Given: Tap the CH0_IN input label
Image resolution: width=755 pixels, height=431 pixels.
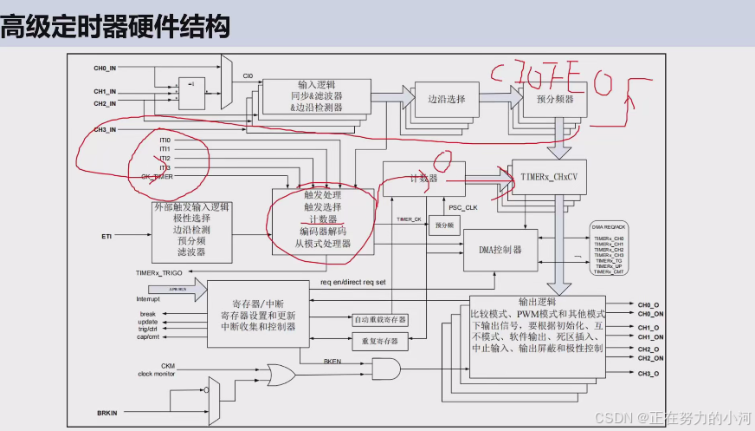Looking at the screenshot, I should (105, 68).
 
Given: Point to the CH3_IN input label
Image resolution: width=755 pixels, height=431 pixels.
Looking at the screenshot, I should (105, 129).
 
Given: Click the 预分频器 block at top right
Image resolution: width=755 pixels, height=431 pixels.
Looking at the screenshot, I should (554, 100).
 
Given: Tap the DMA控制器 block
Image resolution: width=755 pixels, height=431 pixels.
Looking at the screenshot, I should (500, 250).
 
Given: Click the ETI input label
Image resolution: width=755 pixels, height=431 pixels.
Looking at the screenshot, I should (107, 235).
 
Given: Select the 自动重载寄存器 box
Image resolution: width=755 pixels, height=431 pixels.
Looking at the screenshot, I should (380, 320).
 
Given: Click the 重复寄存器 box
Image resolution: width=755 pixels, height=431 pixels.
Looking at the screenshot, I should (380, 341).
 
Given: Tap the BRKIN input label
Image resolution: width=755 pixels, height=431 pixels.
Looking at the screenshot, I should (108, 414).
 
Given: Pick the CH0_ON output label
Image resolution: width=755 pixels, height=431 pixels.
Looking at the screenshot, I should (651, 313).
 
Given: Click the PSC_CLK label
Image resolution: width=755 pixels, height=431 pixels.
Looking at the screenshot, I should (463, 207).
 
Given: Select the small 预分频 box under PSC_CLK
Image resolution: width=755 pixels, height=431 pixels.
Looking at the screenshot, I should (444, 225).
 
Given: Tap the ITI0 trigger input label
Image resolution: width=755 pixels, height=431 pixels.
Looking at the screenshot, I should (165, 140).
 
